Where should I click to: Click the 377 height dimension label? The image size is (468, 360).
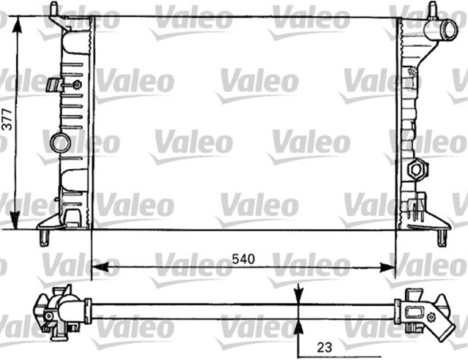7,121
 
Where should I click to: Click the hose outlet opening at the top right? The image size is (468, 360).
448,31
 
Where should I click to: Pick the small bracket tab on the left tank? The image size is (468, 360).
52,85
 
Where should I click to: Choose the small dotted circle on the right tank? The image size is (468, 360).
412,72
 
